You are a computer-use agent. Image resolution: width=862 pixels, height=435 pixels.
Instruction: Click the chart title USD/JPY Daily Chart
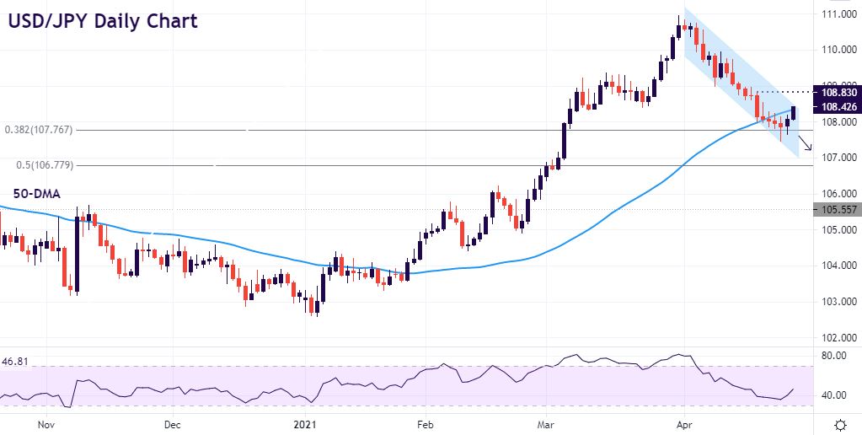pyautogui.click(x=103, y=20)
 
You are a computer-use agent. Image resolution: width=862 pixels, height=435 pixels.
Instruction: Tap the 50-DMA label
pyautogui.click(x=35, y=194)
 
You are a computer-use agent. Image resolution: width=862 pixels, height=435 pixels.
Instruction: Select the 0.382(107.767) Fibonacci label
pyautogui.click(x=39, y=130)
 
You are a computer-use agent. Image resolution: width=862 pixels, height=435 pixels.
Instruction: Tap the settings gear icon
pyautogui.click(x=839, y=424)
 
